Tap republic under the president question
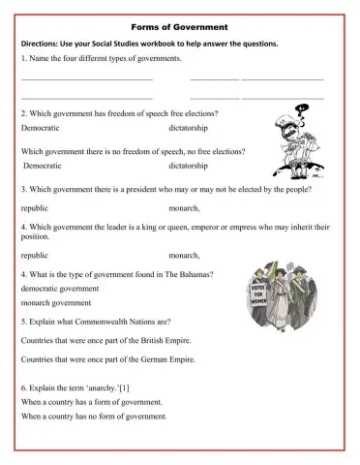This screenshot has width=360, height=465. (35, 207)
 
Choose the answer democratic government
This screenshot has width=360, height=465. (59, 289)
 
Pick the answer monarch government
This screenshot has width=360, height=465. (54, 304)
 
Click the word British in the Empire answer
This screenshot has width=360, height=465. (143, 342)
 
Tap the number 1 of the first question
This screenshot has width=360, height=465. (23, 59)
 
